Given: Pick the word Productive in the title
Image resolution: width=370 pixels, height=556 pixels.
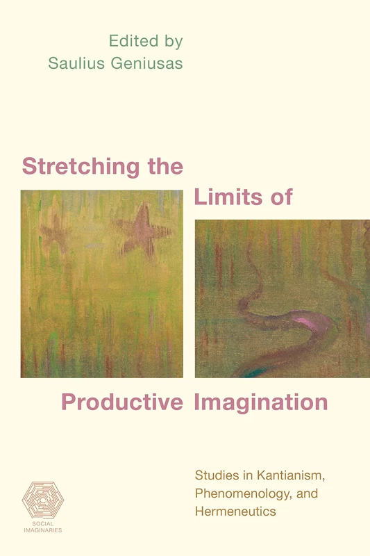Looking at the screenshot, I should (x=121, y=402).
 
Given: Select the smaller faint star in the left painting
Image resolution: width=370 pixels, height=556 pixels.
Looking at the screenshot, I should (x=55, y=232).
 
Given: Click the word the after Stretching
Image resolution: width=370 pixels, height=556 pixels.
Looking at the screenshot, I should (x=165, y=167).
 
